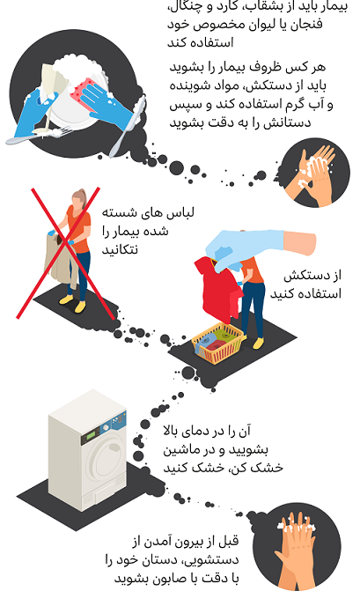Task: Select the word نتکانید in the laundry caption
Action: (x=120, y=249)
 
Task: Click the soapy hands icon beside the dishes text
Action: (x=316, y=173)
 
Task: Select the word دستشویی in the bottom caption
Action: (x=210, y=559)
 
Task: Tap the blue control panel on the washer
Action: (x=114, y=424)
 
